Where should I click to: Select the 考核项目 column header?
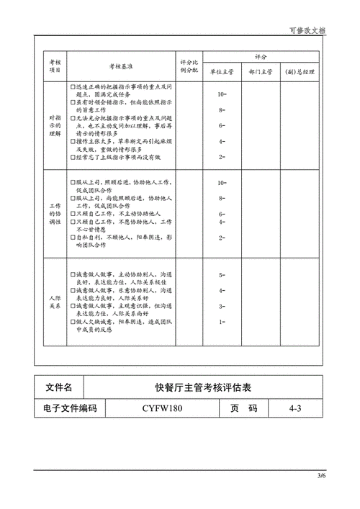(x=54, y=66)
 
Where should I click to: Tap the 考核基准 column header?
(x=120, y=66)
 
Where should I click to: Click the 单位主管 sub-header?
(x=222, y=72)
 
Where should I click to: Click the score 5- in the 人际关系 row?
(x=222, y=275)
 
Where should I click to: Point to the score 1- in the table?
(x=222, y=321)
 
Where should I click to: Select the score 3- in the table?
(x=222, y=306)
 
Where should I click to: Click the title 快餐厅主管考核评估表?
(x=204, y=388)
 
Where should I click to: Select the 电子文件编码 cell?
(x=71, y=408)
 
